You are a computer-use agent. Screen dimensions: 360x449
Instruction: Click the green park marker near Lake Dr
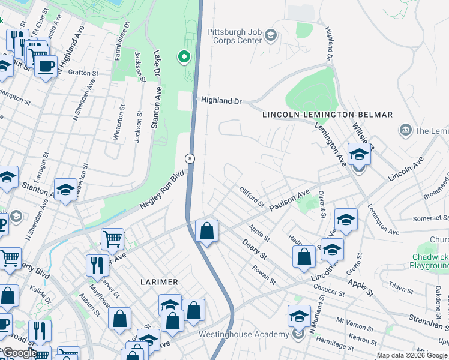tap(184, 57)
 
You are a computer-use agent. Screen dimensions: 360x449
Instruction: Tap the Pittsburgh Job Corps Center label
tap(235, 36)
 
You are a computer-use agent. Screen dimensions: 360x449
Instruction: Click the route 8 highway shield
tap(189, 158)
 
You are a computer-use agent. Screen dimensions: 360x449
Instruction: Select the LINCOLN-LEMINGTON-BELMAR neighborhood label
tap(327, 115)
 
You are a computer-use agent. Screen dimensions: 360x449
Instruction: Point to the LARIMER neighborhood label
tap(159, 281)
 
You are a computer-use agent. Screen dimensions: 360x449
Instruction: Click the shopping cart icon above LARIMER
tap(112, 239)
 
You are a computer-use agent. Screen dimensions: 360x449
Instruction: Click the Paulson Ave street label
tap(289, 200)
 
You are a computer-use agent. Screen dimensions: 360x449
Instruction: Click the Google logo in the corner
tap(19, 353)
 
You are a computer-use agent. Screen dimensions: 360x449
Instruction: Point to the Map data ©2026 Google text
tap(412, 355)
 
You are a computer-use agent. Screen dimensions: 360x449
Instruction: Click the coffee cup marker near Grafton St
tap(45, 66)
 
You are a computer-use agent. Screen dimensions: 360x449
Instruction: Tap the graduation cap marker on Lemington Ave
tap(359, 154)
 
